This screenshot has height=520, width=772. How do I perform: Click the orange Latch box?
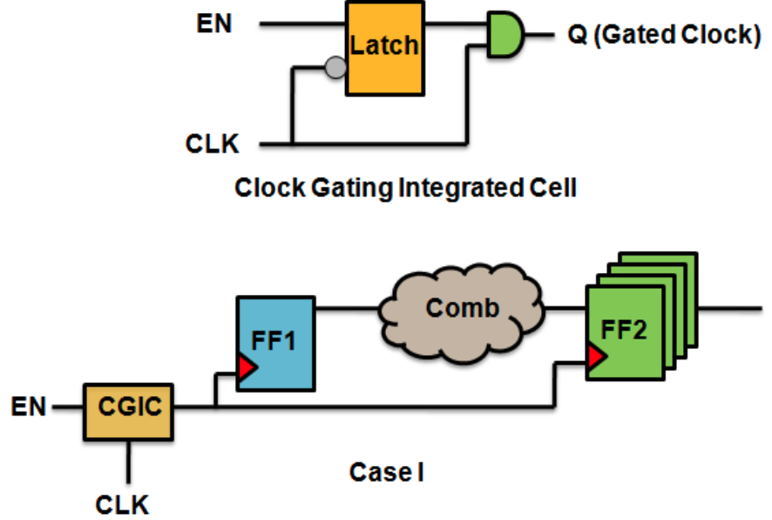pyautogui.click(x=384, y=47)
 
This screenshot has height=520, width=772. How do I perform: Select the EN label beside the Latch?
pyautogui.click(x=213, y=23)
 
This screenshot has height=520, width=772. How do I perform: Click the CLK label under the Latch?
pyautogui.click(x=213, y=141)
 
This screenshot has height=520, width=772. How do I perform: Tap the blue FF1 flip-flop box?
pyautogui.click(x=275, y=343)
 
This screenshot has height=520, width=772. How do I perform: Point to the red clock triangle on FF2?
pyautogui.click(x=596, y=356)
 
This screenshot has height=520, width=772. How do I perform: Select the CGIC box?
pyautogui.click(x=129, y=407)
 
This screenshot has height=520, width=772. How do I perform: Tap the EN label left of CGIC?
pyautogui.click(x=31, y=407)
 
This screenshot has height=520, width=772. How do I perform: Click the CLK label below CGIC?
pyautogui.click(x=121, y=503)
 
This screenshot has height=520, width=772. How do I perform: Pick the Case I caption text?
pyautogui.click(x=386, y=472)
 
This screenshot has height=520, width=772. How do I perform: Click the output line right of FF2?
pyautogui.click(x=732, y=308)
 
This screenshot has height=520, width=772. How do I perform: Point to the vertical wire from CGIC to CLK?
pyautogui.click(x=129, y=460)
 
